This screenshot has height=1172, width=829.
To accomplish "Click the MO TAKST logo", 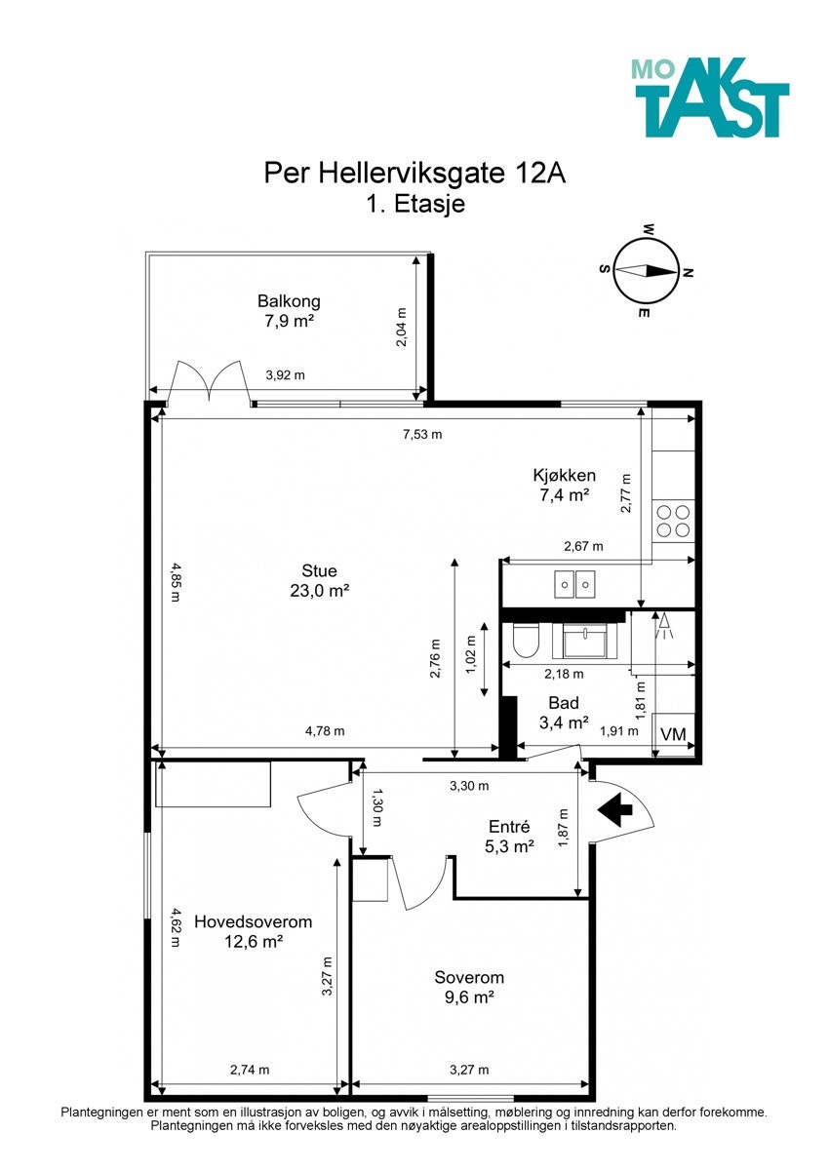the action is click(710, 97).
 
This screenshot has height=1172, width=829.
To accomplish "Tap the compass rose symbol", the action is click(646, 271).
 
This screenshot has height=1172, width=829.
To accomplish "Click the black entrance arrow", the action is click(615, 809).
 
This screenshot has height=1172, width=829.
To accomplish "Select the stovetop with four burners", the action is click(673, 521).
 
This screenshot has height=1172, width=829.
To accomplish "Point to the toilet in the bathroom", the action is click(526, 640).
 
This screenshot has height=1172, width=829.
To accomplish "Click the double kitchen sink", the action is click(574, 584).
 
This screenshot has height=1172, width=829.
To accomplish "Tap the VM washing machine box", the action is click(674, 734).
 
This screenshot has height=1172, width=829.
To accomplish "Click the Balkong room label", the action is click(289, 301).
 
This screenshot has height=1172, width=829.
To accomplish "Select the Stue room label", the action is click(319, 570).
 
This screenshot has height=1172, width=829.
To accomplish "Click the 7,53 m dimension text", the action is click(422, 434).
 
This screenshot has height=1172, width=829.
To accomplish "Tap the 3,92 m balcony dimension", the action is click(285, 375).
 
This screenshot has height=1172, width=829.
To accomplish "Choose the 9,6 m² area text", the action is click(469, 997).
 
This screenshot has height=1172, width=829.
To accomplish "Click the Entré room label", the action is click(509, 827).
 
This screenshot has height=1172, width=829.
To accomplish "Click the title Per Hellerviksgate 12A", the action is click(415, 174).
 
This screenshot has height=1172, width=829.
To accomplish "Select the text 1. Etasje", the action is click(415, 204).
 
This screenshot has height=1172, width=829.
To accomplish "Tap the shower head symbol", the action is click(664, 625).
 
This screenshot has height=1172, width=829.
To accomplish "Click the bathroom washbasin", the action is click(584, 641).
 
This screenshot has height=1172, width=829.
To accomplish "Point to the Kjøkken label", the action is click(564, 475).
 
